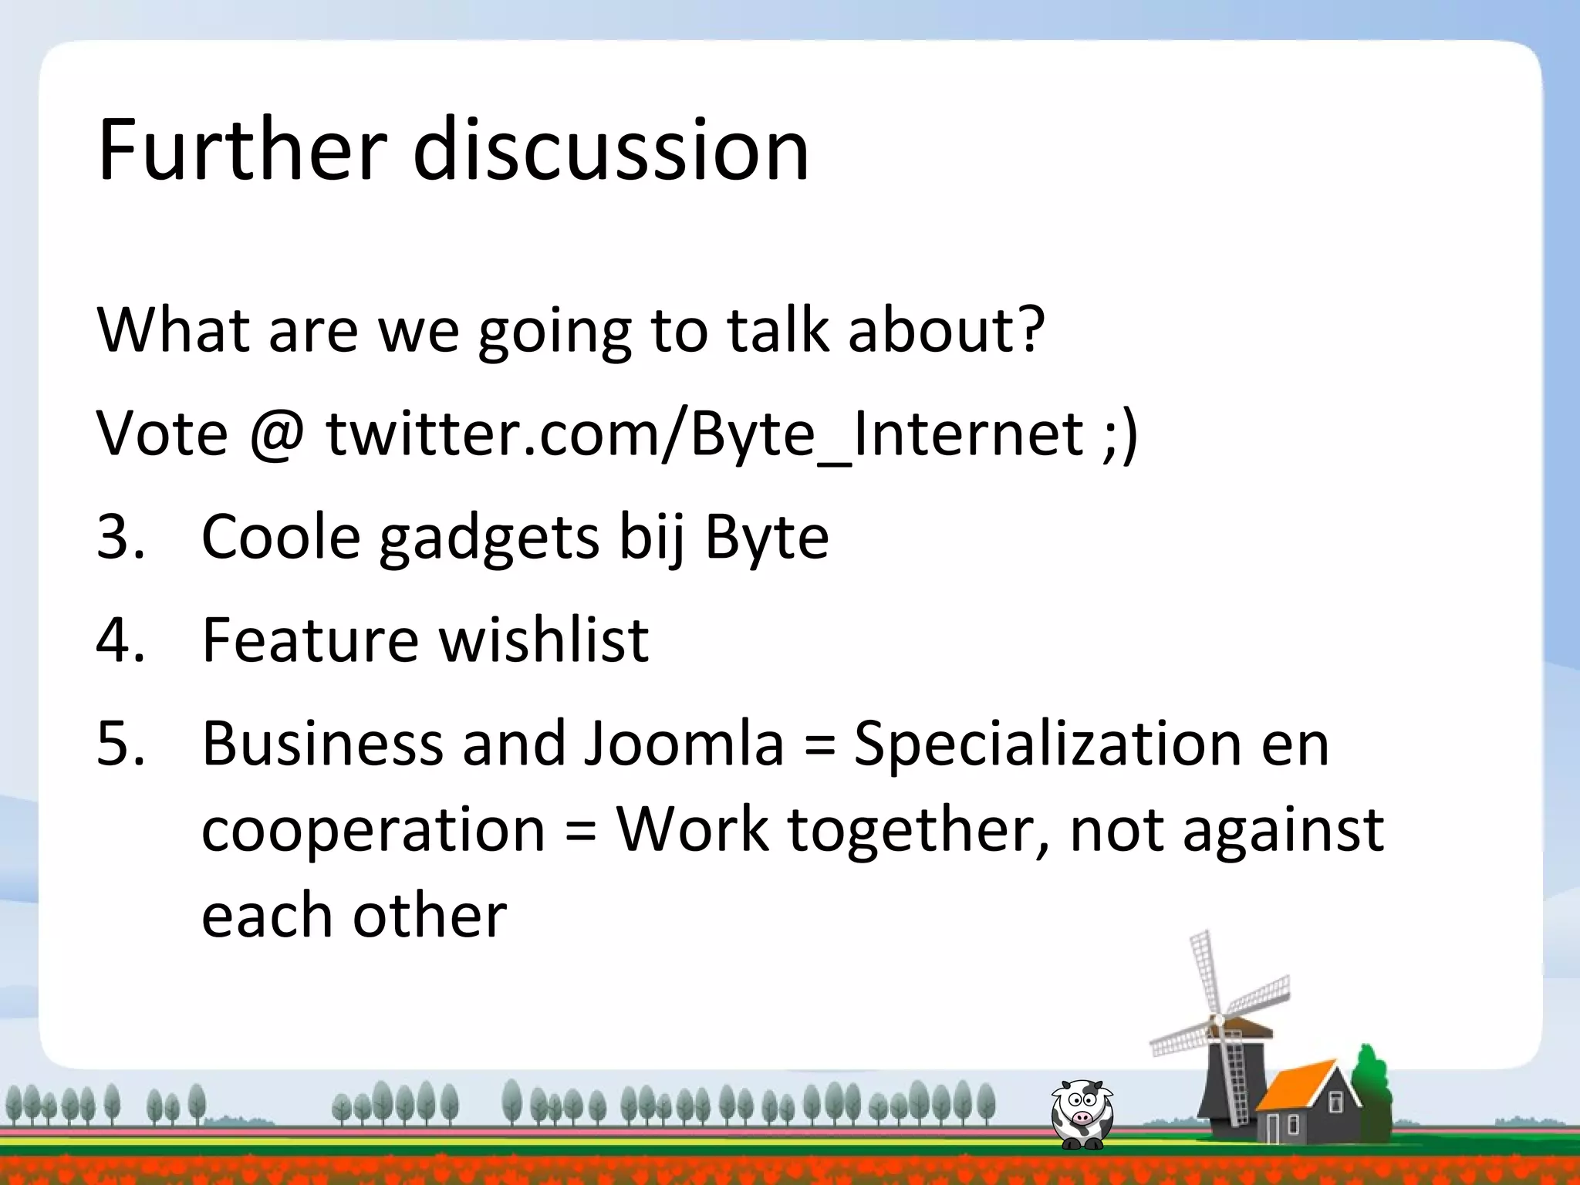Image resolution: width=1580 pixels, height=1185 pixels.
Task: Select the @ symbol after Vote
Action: (x=277, y=434)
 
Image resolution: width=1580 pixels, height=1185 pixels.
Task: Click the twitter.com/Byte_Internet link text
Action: (x=705, y=434)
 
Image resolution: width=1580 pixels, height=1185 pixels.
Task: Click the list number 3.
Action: (x=120, y=537)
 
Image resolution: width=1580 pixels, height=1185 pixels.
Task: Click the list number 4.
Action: (x=120, y=640)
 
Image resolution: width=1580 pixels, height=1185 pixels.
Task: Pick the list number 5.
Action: (x=120, y=744)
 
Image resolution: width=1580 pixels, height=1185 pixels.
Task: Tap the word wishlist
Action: (x=544, y=640)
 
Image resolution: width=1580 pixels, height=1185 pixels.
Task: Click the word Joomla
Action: (x=683, y=744)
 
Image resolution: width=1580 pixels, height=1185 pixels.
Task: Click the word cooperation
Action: (x=373, y=831)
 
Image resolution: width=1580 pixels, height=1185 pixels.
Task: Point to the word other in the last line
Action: (x=430, y=916)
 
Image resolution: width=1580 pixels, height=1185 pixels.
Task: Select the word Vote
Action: (x=162, y=434)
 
